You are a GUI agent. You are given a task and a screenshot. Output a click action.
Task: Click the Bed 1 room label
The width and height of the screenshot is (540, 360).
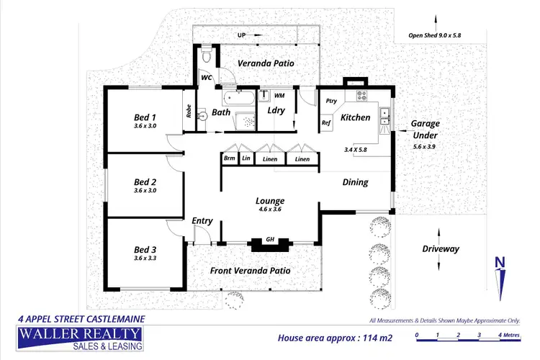coord(145,117)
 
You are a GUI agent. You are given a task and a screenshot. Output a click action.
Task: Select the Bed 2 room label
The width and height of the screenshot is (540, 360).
coord(145,182)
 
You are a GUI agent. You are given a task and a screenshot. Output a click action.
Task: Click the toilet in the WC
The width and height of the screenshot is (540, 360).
coord(207,55)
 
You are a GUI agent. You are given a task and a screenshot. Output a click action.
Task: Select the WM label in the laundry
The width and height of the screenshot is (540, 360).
coord(279,95)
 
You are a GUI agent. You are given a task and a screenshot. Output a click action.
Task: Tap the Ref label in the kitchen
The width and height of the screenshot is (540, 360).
coord(326,122)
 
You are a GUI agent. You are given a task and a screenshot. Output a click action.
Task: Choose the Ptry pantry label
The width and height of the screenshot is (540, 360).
coord(332,101)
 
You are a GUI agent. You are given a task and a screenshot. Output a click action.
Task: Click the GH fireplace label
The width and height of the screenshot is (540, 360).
coord(270,239)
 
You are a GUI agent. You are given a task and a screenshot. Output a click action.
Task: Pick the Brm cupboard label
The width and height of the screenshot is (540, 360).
coord(230,158)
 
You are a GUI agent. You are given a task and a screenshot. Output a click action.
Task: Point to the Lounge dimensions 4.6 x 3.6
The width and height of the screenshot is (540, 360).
coord(270,210)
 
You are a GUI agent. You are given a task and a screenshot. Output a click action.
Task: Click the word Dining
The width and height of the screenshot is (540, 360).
coord(354,182)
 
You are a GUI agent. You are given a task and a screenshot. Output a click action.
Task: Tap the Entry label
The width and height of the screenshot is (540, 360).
coord(202,221)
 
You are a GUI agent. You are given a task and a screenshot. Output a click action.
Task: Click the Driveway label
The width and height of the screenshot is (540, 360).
coord(441,249)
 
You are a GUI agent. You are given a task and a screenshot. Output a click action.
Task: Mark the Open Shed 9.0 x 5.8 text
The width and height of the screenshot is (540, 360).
coord(436,34)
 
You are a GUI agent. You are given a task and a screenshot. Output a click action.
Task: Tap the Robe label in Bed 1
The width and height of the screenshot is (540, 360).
coord(189,112)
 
